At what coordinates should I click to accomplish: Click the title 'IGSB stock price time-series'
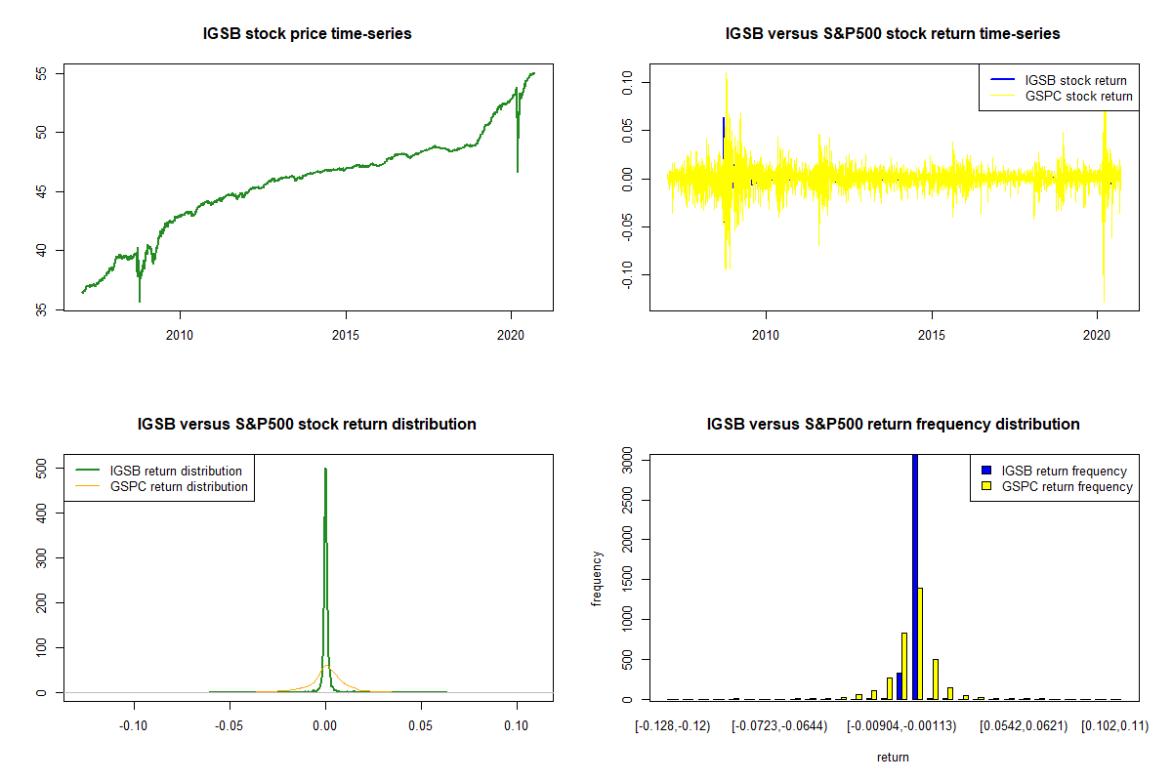(x=307, y=34)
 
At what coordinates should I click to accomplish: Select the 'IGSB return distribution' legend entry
(x=176, y=472)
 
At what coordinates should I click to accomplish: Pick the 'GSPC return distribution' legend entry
(x=179, y=487)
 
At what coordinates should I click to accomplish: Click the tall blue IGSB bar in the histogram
(x=915, y=576)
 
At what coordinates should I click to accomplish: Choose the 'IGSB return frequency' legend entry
(x=1064, y=472)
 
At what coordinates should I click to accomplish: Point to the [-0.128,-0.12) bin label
(x=673, y=725)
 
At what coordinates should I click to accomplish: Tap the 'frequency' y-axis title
(x=597, y=579)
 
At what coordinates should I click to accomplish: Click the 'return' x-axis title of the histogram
(x=893, y=757)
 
